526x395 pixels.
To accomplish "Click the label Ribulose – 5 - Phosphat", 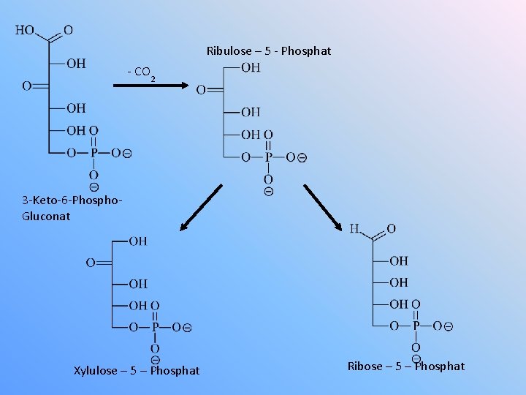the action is pyautogui.click(x=269, y=51).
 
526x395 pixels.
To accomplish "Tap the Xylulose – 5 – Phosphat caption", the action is pyautogui.click(x=137, y=371).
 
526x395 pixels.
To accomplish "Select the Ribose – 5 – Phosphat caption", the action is pyautogui.click(x=406, y=366).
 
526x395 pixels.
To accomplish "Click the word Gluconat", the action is pyautogui.click(x=47, y=216).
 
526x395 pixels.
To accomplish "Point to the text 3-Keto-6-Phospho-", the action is pyautogui.click(x=72, y=200).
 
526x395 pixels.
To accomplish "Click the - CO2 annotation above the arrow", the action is pyautogui.click(x=140, y=72).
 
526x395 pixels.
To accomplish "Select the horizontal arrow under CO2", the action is pyautogui.click(x=150, y=86).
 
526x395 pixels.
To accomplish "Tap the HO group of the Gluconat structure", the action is pyautogui.click(x=25, y=31).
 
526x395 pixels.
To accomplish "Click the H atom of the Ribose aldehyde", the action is pyautogui.click(x=355, y=229).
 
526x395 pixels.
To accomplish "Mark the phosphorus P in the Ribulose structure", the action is pyautogui.click(x=268, y=157).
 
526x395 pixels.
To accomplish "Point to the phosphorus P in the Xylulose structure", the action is pyautogui.click(x=154, y=328).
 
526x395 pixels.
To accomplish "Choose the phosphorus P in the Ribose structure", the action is pyautogui.click(x=416, y=326).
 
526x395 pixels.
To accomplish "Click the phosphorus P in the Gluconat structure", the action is pyautogui.click(x=93, y=153).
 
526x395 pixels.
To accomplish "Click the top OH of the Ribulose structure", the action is pyautogui.click(x=250, y=68).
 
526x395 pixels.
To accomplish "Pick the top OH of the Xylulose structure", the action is pyautogui.click(x=137, y=241).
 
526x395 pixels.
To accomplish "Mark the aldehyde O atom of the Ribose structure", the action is pyautogui.click(x=391, y=229).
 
